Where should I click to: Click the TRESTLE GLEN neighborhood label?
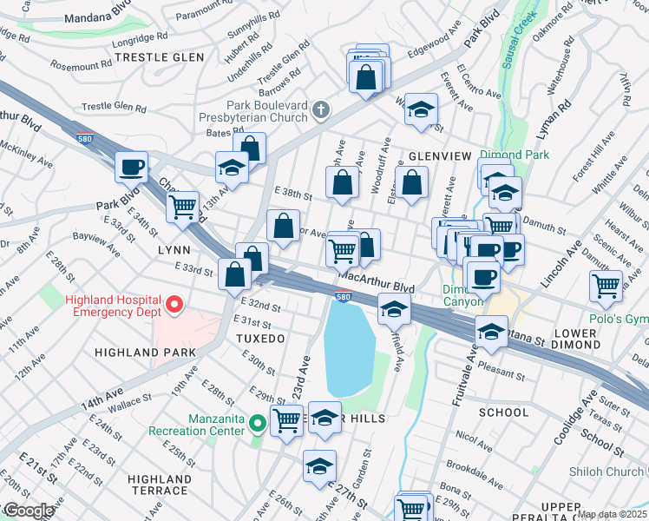coord(160,57)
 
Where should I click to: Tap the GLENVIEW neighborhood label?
coord(440,156)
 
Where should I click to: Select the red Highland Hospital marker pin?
coord(174,304)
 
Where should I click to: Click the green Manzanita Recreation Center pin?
coord(257,424)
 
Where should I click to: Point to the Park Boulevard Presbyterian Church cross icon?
coord(321,109)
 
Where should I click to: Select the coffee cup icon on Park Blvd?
coord(131,166)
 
